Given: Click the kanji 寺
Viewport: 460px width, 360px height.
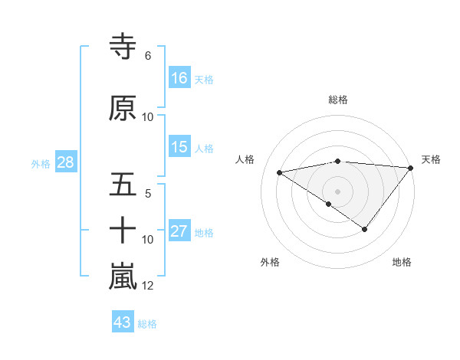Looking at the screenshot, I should pyautogui.click(x=123, y=46).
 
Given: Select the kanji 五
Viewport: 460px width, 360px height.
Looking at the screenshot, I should pyautogui.click(x=123, y=185).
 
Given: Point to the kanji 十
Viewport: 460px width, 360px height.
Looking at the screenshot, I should pyautogui.click(x=123, y=231).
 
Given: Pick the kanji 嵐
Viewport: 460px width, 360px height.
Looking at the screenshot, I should pyautogui.click(x=123, y=277).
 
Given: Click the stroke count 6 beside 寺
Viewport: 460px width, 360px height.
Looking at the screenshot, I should pyautogui.click(x=147, y=56).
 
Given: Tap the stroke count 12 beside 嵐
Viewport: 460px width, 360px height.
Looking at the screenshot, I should pyautogui.click(x=148, y=286).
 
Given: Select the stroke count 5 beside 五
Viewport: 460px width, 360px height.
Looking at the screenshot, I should pyautogui.click(x=147, y=194).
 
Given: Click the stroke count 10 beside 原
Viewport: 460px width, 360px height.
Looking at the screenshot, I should pyautogui.click(x=148, y=117).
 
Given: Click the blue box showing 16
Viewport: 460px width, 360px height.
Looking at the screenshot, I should pyautogui.click(x=179, y=78).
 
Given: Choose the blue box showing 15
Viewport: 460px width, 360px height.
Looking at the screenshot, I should pyautogui.click(x=179, y=147).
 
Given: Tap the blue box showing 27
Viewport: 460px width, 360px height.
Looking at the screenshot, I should pyautogui.click(x=179, y=231).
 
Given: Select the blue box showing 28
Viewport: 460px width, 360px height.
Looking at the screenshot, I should pyautogui.click(x=65, y=162).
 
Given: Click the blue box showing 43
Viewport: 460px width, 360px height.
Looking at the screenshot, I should pyautogui.click(x=122, y=323).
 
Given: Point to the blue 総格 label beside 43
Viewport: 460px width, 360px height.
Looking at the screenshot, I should pyautogui.click(x=147, y=324).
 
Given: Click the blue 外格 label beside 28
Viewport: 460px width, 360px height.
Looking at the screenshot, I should pyautogui.click(x=41, y=163).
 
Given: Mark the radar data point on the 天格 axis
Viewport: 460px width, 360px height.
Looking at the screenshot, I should pyautogui.click(x=411, y=168).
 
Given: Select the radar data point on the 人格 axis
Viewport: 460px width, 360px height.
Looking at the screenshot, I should pyautogui.click(x=279, y=172).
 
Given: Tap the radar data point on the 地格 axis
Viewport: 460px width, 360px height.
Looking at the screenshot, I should pyautogui.click(x=365, y=229).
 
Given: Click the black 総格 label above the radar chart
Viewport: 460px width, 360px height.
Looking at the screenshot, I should pyautogui.click(x=338, y=100).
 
